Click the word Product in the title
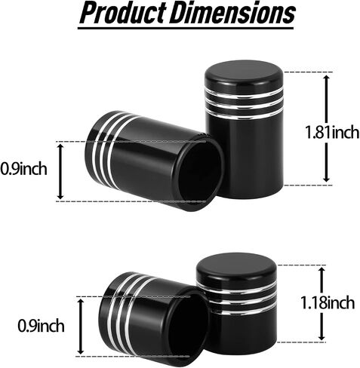pyautogui.click(x=123, y=13)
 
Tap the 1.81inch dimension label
pyautogui.click(x=332, y=132)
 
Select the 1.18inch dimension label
pyautogui.click(x=328, y=302)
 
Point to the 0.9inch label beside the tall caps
pyautogui.click(x=23, y=169)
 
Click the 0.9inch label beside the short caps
pyautogui.click(x=41, y=326)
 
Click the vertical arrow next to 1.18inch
pyautogui.click(x=322, y=304)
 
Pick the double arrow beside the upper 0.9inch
pyautogui.click(x=60, y=171)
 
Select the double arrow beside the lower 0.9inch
pyautogui.click(x=81, y=327)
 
